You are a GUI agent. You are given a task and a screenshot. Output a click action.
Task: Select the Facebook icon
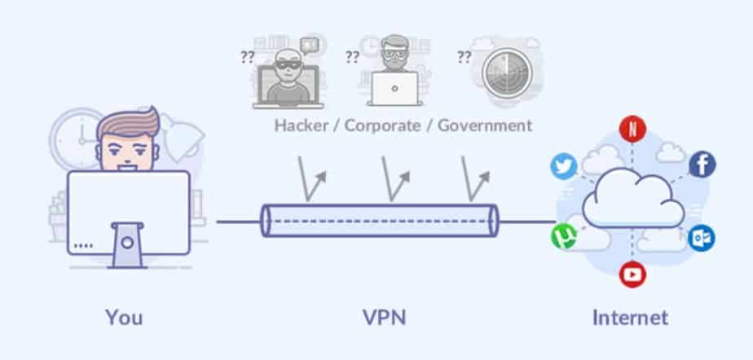click(x=702, y=165)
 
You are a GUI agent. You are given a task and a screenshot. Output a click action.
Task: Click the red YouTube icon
click(x=632, y=274)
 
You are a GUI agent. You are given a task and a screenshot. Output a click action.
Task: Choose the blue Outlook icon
click(x=702, y=238)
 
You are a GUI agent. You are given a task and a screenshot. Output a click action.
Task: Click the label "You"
click(x=124, y=316)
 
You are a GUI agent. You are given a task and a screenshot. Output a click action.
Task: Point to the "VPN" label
click(x=384, y=316)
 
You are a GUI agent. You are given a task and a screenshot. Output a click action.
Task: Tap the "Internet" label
click(x=631, y=316)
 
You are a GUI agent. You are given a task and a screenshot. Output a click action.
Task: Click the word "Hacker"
click(x=303, y=125)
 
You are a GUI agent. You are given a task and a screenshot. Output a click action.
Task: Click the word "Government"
click(x=484, y=125)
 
